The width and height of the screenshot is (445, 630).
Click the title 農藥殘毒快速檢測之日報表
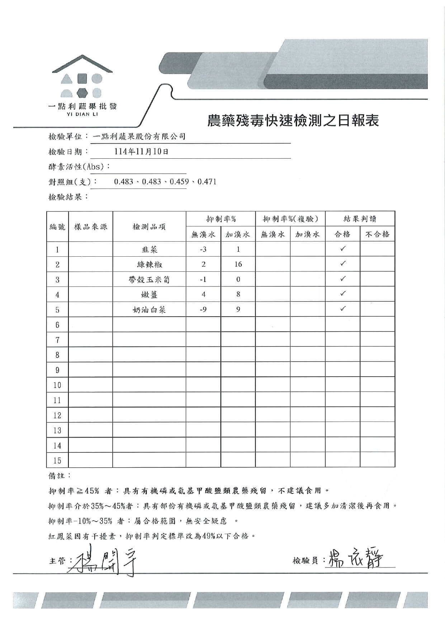[x=293, y=121]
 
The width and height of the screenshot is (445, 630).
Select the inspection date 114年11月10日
[x=141, y=151]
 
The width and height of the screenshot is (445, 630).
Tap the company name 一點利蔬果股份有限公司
[x=139, y=136]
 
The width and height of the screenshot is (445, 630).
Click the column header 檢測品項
[x=149, y=227]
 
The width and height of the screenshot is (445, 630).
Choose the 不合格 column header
[x=377, y=234]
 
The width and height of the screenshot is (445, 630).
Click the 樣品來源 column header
[x=90, y=227]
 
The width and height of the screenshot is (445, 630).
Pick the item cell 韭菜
[x=149, y=249]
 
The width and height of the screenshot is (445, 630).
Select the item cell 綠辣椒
[x=149, y=265]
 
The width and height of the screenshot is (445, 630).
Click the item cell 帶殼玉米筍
[x=149, y=280]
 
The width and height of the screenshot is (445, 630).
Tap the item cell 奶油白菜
[x=149, y=310]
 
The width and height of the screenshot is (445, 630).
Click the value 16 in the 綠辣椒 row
[x=238, y=265]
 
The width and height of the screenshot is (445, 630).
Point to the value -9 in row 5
[x=203, y=309]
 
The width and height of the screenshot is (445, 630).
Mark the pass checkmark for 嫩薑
[x=343, y=294]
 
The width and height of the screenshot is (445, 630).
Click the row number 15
[x=57, y=460]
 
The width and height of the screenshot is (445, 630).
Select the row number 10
[x=57, y=385]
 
